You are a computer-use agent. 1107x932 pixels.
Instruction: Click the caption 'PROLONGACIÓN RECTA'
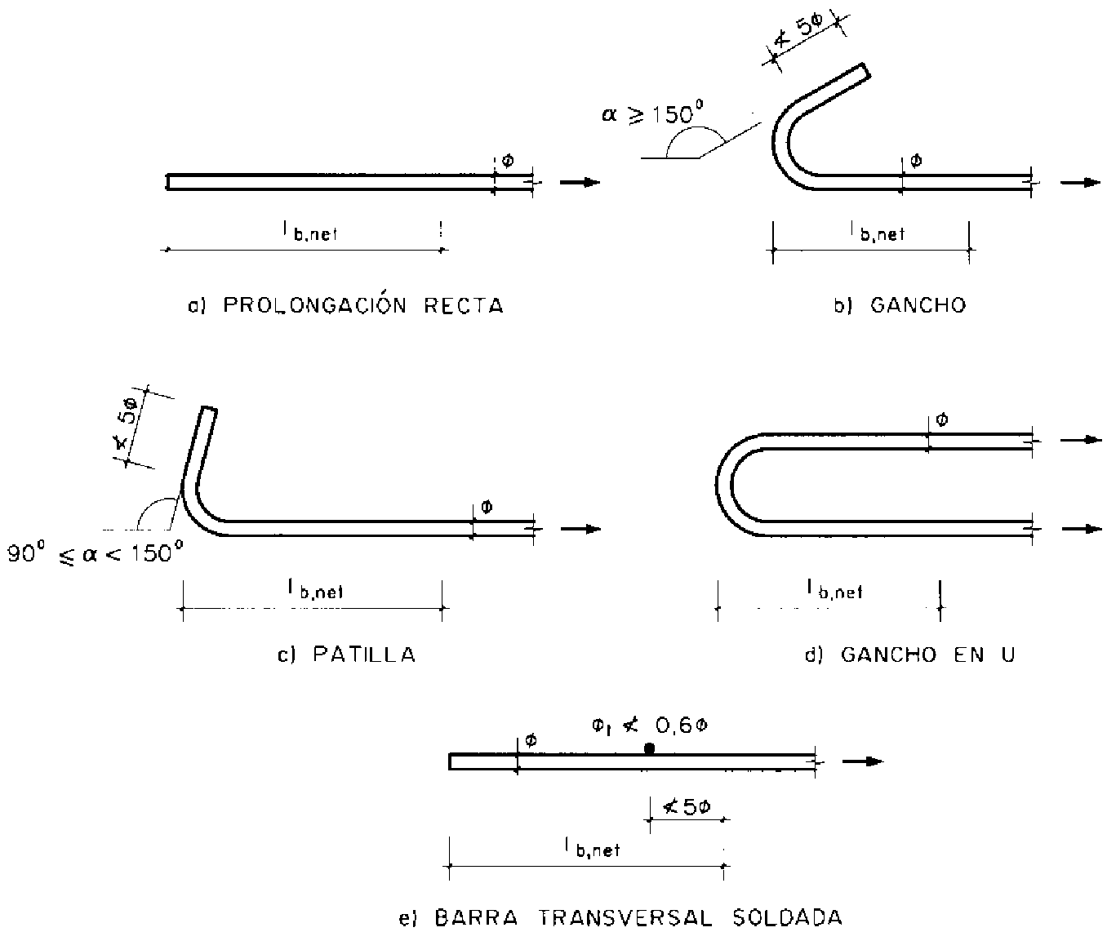tap(363, 306)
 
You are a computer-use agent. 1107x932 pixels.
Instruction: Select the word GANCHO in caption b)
tap(918, 306)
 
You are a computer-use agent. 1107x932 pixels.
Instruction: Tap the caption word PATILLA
tap(364, 655)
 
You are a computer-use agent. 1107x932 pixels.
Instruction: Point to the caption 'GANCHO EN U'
tap(928, 655)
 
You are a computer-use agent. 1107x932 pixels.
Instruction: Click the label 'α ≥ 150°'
tap(652, 113)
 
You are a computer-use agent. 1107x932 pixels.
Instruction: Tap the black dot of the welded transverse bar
tap(649, 748)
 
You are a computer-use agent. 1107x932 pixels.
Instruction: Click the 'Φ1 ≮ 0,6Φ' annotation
tap(649, 725)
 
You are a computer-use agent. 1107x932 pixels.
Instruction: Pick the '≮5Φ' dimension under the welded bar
tap(686, 808)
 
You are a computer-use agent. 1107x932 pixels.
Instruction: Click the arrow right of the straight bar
tap(580, 182)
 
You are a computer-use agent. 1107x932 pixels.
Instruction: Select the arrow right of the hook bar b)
tap(1080, 182)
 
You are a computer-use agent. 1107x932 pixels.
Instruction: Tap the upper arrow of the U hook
tap(1080, 440)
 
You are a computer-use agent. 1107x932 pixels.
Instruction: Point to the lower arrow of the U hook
tap(1080, 529)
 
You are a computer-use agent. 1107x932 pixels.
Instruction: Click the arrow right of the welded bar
tap(862, 761)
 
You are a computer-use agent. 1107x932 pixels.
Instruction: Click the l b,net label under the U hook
tap(834, 589)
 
